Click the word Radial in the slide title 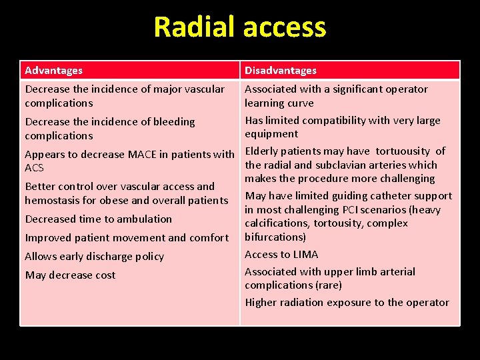195,27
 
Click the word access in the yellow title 284,27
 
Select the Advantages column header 54,70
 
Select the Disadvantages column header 281,70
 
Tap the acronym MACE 145,154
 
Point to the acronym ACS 34,168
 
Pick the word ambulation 144,219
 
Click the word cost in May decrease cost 105,275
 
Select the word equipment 271,133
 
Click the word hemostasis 53,200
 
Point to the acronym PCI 353,209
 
